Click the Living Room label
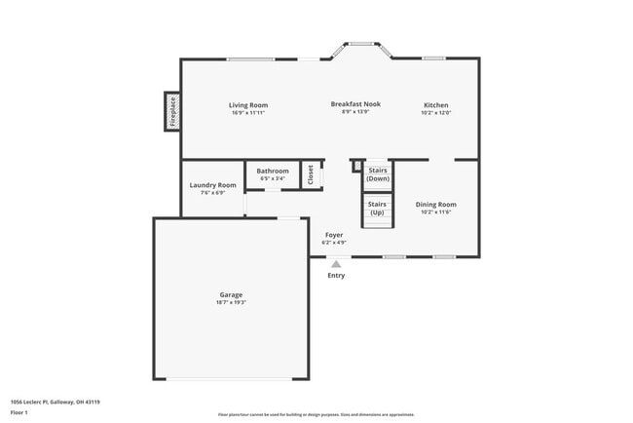(248, 105)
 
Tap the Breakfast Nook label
(355, 103)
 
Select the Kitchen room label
(435, 105)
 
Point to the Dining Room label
(435, 205)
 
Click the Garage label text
(231, 294)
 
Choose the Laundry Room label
(212, 185)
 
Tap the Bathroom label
(273, 172)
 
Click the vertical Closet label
(311, 174)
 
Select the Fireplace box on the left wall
(172, 111)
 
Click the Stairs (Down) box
(378, 174)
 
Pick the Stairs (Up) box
(378, 209)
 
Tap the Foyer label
(334, 235)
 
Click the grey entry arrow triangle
(336, 263)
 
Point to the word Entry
(336, 275)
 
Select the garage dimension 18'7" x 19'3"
(231, 302)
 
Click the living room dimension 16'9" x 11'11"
(248, 113)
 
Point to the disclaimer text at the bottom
(316, 414)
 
